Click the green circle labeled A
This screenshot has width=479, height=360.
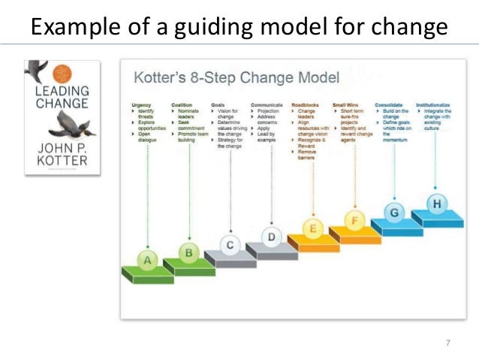pyautogui.click(x=147, y=261)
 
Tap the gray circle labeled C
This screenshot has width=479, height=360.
pyautogui.click(x=231, y=245)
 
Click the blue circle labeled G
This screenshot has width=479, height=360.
pyautogui.click(x=396, y=213)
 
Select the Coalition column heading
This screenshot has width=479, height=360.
pyautogui.click(x=182, y=105)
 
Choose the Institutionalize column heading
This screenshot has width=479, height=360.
pyautogui.click(x=432, y=105)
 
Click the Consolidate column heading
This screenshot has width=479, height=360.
pyautogui.click(x=390, y=105)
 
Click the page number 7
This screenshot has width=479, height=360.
pyautogui.click(x=447, y=343)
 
